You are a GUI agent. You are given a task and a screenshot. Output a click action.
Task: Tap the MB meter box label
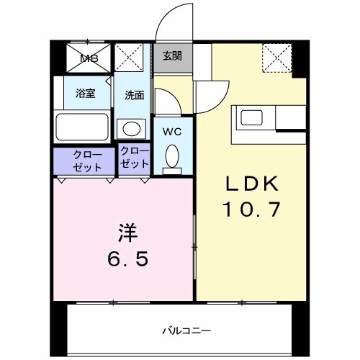pyautogui.click(x=89, y=58)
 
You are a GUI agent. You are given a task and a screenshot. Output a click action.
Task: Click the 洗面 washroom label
pyautogui.click(x=134, y=95)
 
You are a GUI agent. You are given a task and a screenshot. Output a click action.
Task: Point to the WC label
pyautogui.click(x=172, y=131)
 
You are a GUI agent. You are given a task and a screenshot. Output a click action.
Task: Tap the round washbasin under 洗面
pyautogui.click(x=132, y=128)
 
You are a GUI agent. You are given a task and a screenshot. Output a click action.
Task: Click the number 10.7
pyautogui.click(x=253, y=210)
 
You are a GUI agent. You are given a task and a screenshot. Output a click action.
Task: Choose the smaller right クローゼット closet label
pyautogui.click(x=135, y=158)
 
